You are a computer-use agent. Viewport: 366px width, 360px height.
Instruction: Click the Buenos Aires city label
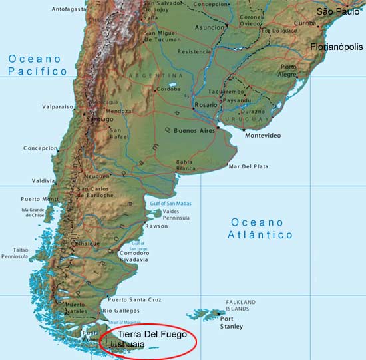195,131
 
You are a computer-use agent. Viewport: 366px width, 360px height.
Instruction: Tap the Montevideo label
263,136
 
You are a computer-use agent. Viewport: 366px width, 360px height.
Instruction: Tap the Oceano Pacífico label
37,65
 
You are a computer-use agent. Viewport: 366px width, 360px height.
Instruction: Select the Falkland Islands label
241,305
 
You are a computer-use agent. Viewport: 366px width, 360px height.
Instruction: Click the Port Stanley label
232,322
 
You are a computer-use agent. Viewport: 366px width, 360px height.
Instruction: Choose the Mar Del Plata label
248,166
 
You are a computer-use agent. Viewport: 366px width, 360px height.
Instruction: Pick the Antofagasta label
69,9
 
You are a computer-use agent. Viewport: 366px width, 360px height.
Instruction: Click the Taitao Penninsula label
15,254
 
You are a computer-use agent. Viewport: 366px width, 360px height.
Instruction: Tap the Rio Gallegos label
121,311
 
